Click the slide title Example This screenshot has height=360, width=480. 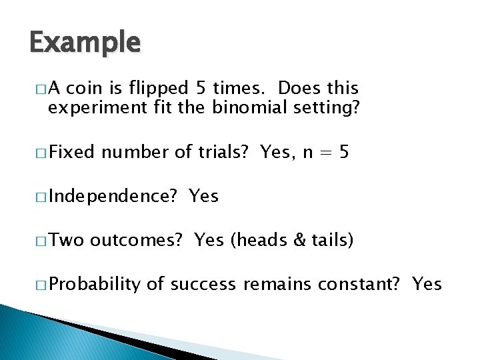85,44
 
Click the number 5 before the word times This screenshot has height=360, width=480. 203,89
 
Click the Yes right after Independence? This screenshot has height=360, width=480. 203,197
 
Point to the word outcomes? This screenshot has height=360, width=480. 136,241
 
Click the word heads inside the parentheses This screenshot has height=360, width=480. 262,241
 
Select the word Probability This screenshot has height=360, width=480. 94,285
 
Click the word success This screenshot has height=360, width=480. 203,285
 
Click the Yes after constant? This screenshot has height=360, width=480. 427,285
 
